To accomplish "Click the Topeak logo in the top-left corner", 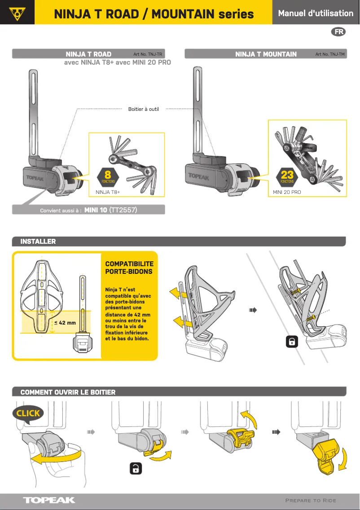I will pos(17,13).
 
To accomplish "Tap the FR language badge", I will pos(339,32).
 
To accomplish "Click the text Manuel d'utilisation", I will pos(316,13).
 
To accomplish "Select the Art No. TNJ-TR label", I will pos(147,54).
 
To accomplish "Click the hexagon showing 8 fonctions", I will pos(108,176).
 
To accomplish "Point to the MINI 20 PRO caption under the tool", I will pos(287,192).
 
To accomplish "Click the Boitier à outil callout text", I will pos(144,109).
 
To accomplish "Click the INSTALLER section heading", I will pos(38,242).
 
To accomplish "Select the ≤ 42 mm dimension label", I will pos(65,322).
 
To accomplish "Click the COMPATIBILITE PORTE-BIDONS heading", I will pos(129,268).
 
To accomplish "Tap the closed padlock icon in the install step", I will pos(292,342).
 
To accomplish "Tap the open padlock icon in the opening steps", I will pos(136,468).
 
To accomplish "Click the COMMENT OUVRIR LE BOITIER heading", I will pos(68,392).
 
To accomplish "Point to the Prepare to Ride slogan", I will pos(310,500).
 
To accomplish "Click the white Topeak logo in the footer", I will pos(49,500).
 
